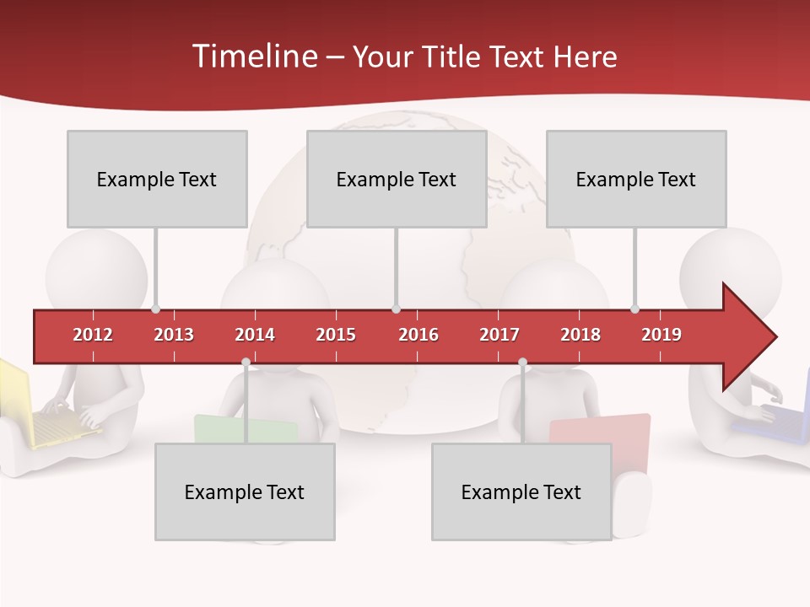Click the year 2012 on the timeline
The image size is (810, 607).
coord(93,335)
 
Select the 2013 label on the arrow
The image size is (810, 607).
coord(174,335)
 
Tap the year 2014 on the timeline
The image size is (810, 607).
coord(255,335)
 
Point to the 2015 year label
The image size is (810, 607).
coord(336,335)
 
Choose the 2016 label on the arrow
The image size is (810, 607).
coord(418,335)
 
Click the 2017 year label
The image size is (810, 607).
coord(499,335)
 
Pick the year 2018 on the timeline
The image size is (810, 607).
coord(580,335)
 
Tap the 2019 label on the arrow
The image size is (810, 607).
coord(661,335)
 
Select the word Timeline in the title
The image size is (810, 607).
coord(254,56)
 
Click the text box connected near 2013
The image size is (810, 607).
coord(157,180)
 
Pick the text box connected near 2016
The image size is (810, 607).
coord(397,180)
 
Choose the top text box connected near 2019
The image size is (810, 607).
coord(636,180)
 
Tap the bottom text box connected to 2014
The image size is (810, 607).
coord(245,492)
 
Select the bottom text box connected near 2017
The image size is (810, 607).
coord(521,492)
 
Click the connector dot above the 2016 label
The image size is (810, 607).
coord(397,309)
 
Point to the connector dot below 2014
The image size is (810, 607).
coord(246,362)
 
